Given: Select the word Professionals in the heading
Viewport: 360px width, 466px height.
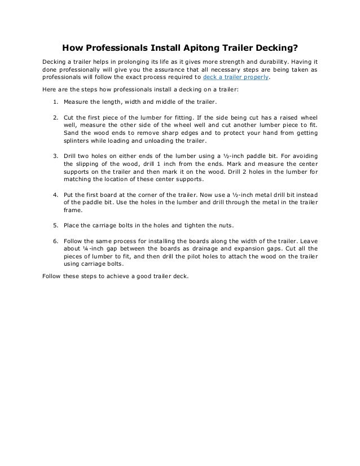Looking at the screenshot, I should (x=110, y=48).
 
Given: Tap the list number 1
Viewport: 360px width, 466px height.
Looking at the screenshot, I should (x=54, y=103).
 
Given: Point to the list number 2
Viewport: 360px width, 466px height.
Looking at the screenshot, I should (x=54, y=117).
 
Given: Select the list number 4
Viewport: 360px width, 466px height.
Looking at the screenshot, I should (x=54, y=194).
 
